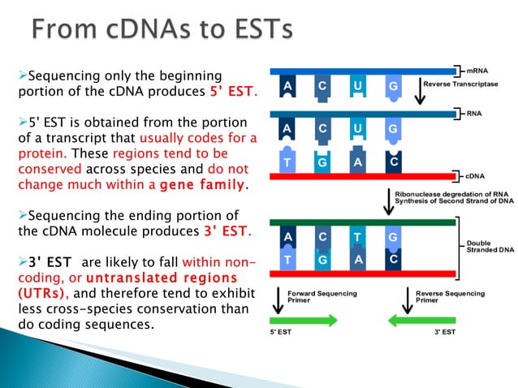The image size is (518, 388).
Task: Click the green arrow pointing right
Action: point(304,321)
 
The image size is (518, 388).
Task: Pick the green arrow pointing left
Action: point(422,321)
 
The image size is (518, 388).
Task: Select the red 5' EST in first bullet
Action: point(231,91)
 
